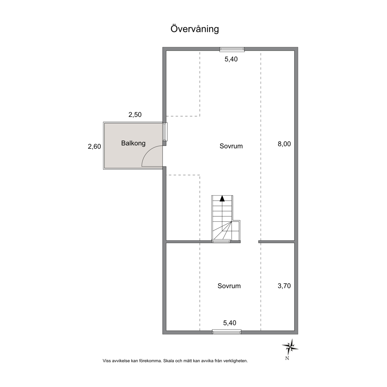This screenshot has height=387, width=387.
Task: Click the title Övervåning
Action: (195, 29)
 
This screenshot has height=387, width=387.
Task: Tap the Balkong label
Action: (133, 143)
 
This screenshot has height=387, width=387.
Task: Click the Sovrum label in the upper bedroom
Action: (231, 146)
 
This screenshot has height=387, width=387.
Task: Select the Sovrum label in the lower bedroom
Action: (229, 286)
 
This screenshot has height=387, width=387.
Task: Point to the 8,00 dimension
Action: (284, 144)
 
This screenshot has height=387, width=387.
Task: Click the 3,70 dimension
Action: (284, 286)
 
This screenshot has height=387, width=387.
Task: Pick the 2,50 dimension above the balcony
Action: (135, 115)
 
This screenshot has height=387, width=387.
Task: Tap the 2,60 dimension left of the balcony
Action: (94, 146)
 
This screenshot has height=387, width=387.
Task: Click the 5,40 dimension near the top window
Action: (231, 59)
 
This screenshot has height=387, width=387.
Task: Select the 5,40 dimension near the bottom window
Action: (230, 323)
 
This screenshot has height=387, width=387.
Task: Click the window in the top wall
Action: (232, 49)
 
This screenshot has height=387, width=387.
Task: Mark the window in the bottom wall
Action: (227, 332)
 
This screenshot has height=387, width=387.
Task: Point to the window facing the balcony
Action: (165, 132)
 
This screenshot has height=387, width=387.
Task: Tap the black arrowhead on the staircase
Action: (222, 199)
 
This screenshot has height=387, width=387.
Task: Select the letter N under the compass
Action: (287, 358)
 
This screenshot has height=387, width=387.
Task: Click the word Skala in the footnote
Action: (168, 361)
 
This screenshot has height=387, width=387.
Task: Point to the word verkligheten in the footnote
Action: (236, 361)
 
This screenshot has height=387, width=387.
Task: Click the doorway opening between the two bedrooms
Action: (250, 242)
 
